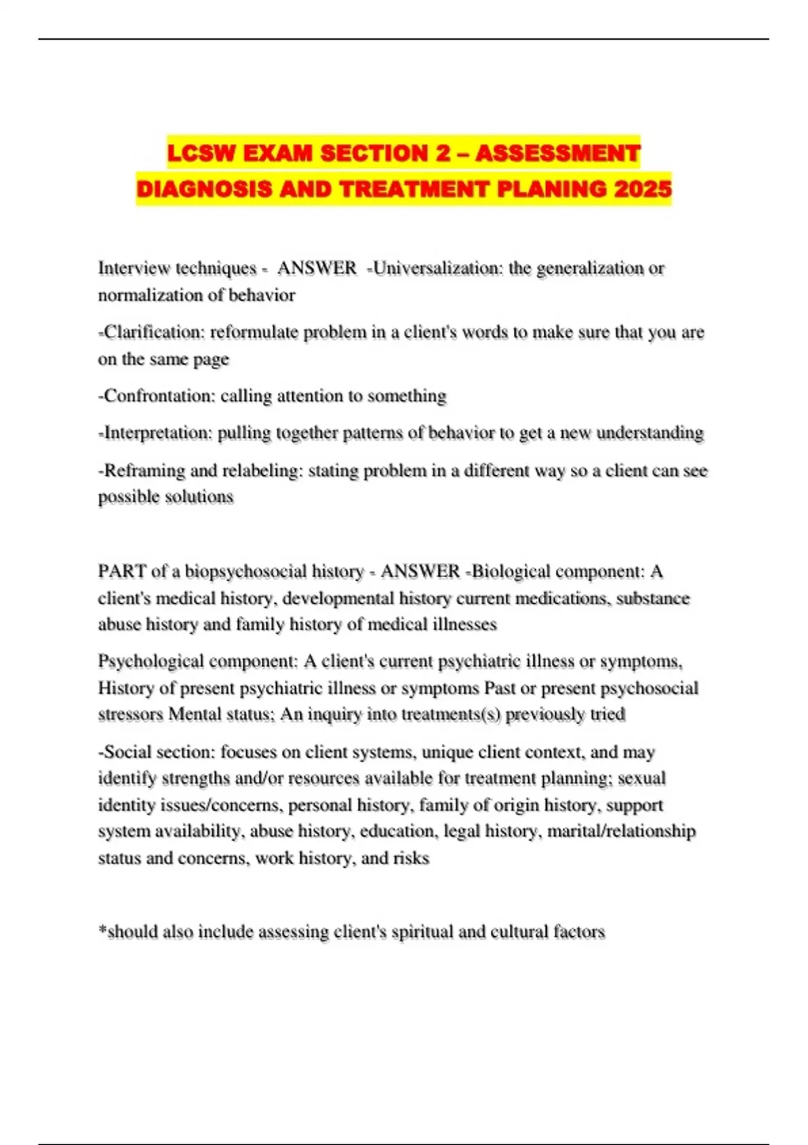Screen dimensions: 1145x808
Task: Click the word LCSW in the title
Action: point(201,154)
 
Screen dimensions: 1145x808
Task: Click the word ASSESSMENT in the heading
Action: point(558,154)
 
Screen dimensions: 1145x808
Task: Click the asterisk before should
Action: point(102,929)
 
